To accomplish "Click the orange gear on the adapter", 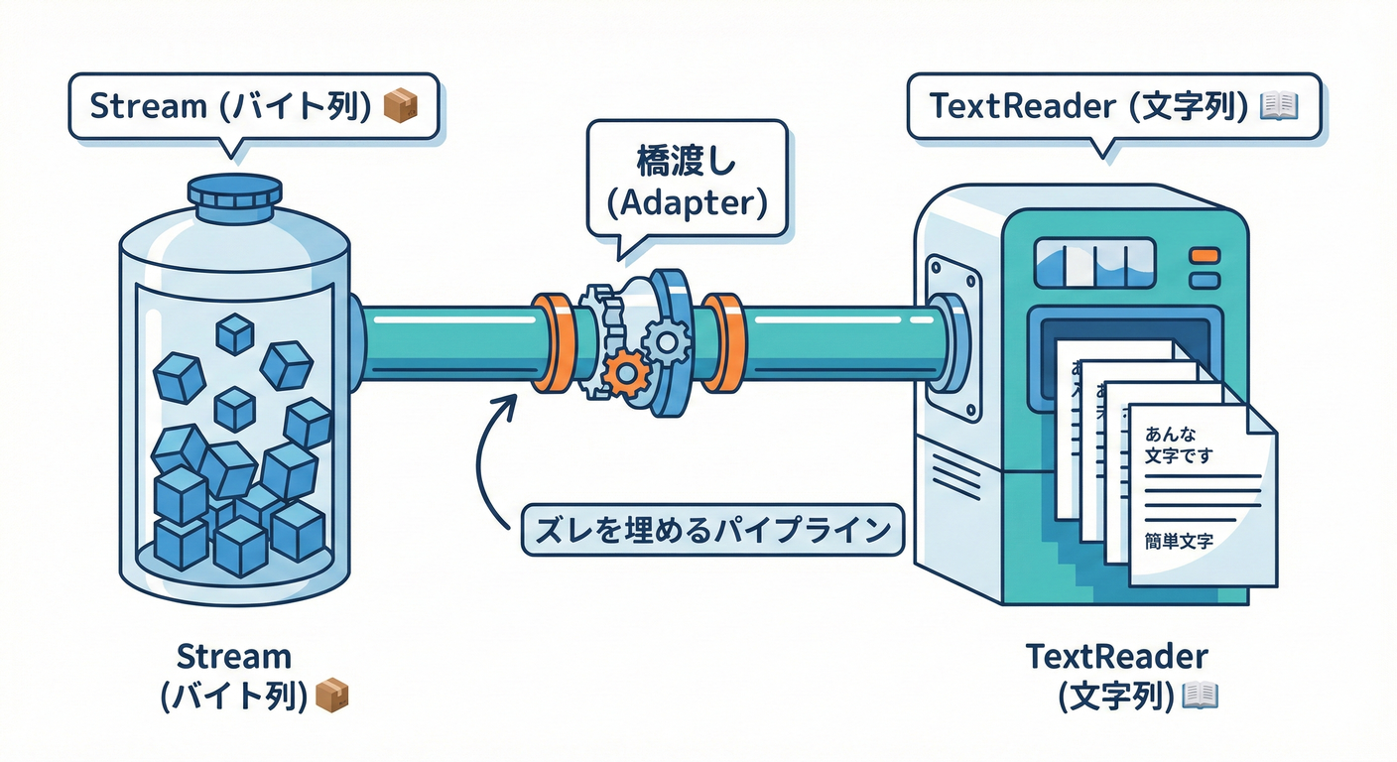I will coord(626,374).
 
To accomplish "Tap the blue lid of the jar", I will coord(234,196).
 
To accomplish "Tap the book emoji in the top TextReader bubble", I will coord(1277,106).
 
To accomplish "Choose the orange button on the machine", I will coord(1203,256).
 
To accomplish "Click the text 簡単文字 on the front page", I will coord(1178,542).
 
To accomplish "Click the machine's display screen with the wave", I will coord(1094,263).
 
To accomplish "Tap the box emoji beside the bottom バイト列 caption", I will coord(331,696).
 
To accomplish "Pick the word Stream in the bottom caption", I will coord(234,657).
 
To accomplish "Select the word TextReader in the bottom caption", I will coord(1116,657).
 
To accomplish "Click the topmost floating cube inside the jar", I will coord(235,334).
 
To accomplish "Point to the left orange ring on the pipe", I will coord(548,342).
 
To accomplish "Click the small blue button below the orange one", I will coord(1203,281).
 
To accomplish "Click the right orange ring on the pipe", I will coord(725,342).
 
